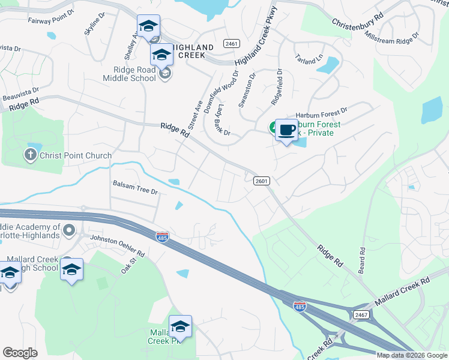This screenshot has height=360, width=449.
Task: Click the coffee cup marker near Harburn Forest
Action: click(286, 130)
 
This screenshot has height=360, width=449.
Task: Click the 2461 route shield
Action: click(231, 44)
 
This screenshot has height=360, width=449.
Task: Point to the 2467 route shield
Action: click(361, 314)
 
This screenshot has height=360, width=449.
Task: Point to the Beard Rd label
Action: click(362, 259)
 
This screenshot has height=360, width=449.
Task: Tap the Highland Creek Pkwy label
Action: click(258, 45)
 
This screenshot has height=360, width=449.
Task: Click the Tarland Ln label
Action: click(309, 59)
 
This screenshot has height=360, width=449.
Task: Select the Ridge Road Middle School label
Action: click(129, 74)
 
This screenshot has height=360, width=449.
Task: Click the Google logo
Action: click(20, 353)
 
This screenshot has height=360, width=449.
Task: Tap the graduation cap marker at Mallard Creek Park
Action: click(179, 326)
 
